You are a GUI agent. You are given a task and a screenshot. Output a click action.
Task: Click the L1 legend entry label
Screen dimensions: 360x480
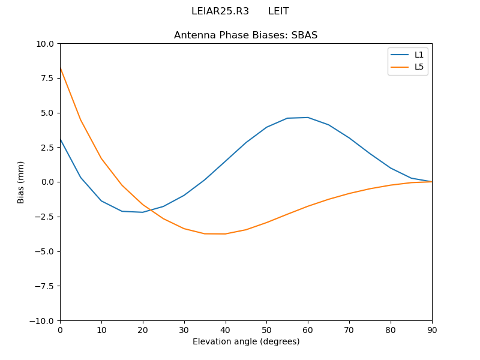tap(419, 55)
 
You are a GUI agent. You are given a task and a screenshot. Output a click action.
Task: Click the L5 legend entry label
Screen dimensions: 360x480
tap(419, 67)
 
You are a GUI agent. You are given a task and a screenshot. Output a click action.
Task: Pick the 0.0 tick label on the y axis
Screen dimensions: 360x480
tap(49, 182)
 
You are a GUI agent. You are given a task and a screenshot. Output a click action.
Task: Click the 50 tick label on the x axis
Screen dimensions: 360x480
tap(266, 329)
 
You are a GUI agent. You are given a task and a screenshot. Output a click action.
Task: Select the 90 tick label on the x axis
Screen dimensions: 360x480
tap(432, 329)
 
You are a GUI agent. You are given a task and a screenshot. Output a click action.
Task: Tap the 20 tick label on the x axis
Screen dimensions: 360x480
tap(143, 329)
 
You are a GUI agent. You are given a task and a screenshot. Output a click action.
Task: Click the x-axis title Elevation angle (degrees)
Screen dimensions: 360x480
tap(246, 341)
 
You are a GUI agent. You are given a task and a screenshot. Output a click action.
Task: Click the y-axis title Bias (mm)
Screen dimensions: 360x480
tap(21, 182)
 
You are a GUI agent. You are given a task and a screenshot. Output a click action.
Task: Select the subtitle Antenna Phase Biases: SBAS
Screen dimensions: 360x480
tap(246, 35)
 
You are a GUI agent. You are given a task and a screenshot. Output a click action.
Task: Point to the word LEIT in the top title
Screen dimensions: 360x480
tap(278, 11)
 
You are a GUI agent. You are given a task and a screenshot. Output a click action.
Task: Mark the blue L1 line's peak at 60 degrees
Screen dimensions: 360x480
tap(308, 118)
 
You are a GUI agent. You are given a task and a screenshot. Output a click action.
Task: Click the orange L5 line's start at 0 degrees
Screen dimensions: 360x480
tap(61, 68)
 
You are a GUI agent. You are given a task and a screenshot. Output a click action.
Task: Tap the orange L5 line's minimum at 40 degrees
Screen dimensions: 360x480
tap(225, 234)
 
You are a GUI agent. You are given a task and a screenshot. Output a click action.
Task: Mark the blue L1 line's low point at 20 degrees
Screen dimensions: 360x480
tap(143, 212)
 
